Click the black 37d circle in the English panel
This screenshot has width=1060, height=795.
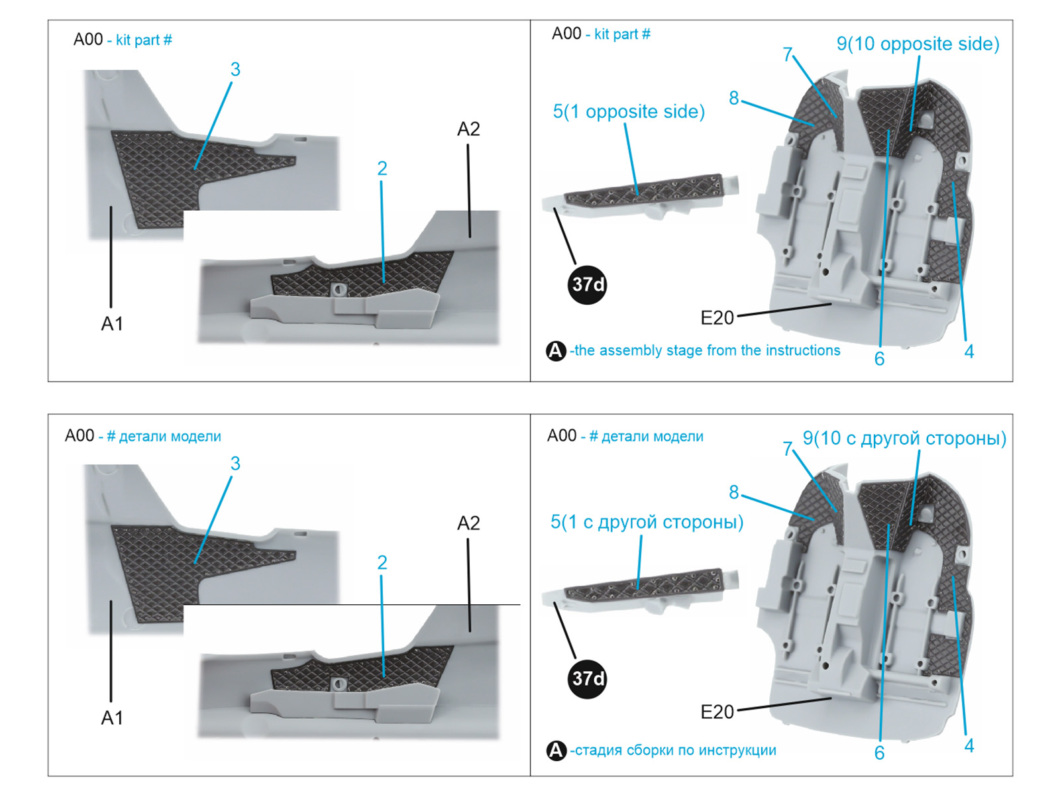[587, 285]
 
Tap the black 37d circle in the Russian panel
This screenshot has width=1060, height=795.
[587, 679]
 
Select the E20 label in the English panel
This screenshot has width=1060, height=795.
[717, 318]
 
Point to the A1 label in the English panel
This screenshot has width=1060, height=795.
[111, 324]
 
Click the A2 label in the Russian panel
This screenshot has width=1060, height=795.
[468, 523]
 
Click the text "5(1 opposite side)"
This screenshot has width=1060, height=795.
[629, 112]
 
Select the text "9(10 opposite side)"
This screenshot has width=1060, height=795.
[918, 44]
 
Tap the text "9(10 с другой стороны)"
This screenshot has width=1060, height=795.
[904, 439]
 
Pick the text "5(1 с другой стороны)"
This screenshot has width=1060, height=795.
[647, 522]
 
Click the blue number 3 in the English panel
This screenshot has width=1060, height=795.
[235, 70]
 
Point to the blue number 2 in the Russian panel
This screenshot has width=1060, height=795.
[382, 563]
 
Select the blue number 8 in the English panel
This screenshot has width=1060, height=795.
[733, 98]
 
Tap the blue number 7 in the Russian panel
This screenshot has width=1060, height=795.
[788, 449]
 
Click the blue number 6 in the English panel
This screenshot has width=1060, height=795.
[879, 359]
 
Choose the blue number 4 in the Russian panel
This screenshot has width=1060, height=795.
[969, 746]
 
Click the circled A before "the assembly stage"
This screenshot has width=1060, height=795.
[556, 351]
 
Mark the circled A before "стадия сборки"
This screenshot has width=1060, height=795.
[556, 751]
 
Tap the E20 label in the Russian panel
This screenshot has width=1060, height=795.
[717, 712]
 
